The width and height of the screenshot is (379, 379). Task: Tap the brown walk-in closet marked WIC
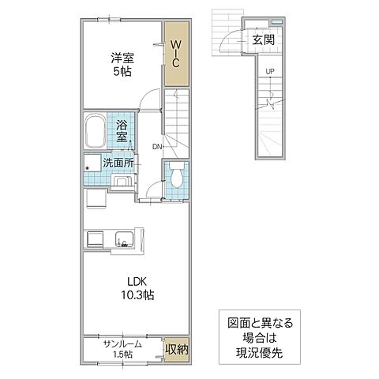177,54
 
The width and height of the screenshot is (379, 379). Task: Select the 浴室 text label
122,130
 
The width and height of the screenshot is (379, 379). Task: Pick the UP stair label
270,72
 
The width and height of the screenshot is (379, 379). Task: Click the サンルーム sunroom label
122,343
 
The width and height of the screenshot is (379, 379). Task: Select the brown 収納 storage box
176,348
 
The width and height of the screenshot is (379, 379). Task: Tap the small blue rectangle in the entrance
276,21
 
